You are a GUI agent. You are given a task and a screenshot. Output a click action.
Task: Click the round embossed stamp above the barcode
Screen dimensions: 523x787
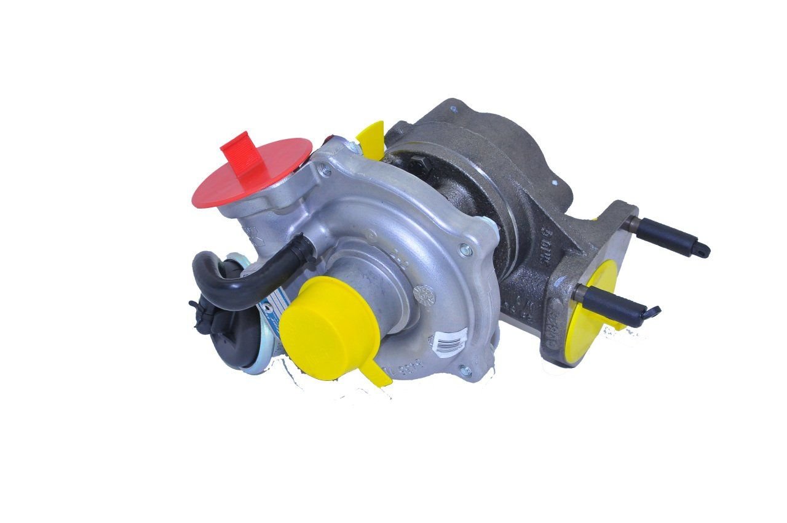point(424,296)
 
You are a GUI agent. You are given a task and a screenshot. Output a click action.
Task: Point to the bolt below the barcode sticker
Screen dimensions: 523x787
point(465,370)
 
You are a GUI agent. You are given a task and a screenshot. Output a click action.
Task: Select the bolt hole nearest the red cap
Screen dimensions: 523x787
point(326,170)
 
